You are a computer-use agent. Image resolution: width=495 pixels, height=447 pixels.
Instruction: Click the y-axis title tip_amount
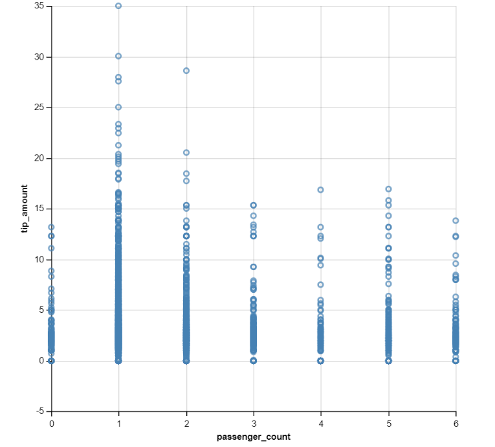24,209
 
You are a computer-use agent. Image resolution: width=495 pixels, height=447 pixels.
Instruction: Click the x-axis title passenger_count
254,437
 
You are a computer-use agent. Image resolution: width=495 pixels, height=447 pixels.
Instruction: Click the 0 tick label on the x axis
52,422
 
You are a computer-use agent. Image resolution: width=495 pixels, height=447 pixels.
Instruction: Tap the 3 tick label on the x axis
254,422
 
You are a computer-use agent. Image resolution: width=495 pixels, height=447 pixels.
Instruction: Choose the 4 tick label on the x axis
321,422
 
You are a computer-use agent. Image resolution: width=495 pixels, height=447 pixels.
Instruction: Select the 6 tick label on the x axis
456,422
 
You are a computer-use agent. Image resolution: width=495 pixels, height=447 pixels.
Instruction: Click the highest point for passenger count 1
118,6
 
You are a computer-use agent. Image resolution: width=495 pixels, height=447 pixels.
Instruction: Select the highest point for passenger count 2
186,71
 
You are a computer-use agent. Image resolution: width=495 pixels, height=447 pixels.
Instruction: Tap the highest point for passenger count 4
320,190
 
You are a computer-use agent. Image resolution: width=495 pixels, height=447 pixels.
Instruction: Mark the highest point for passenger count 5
388,189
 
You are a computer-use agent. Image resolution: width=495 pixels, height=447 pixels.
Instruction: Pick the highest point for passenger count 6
456,221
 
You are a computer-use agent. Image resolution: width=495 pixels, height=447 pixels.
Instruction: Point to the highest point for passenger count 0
52,227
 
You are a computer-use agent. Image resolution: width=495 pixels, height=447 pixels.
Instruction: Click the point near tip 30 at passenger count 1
118,56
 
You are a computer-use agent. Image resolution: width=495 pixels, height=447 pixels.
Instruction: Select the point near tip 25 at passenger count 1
118,108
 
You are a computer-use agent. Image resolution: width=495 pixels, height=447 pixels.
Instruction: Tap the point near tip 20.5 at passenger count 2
186,153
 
